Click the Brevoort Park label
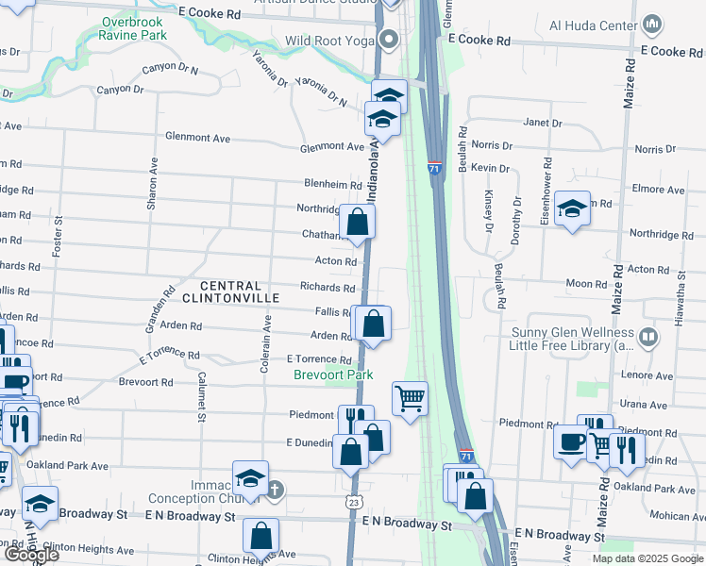point(332,375)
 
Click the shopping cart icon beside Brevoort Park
point(410,397)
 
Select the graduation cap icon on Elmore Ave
point(572,209)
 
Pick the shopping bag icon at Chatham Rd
point(358,223)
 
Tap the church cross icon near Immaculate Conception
point(274,489)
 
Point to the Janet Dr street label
point(543,123)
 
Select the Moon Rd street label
point(586,283)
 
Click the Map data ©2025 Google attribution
point(647,558)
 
